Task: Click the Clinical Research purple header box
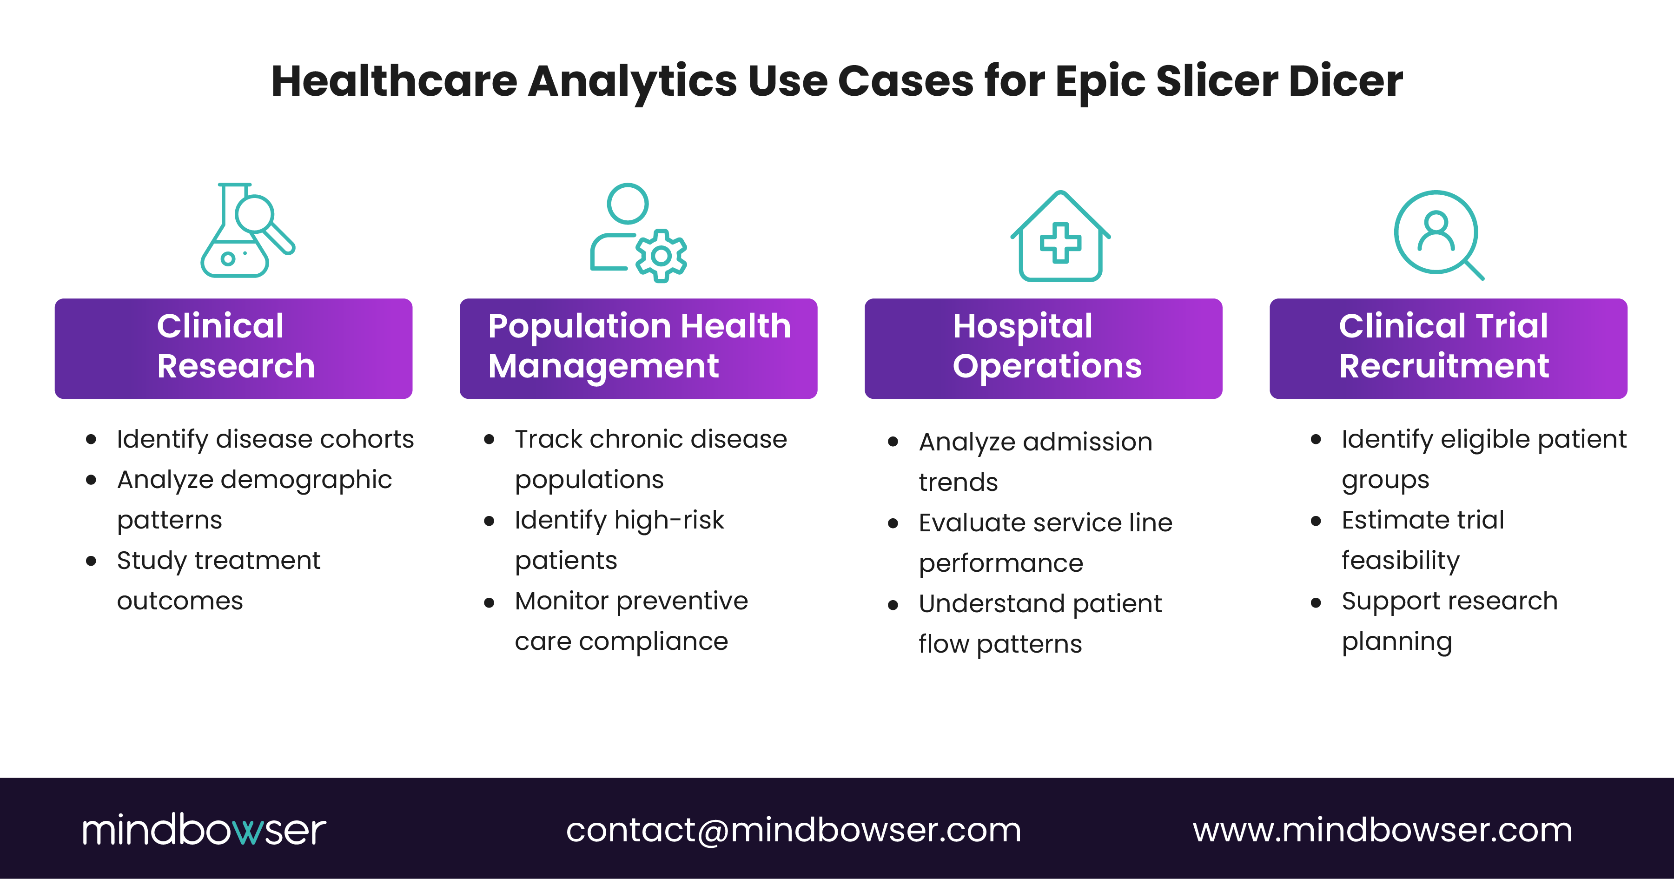pos(233,348)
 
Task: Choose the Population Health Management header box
pos(638,348)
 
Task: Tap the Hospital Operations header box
pos(1043,348)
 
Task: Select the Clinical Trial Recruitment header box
pos(1448,348)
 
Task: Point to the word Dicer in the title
pos(1345,82)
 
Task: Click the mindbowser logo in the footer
pos(204,830)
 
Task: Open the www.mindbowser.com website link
pos(1382,830)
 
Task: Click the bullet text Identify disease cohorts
pos(265,439)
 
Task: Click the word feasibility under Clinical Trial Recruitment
pos(1400,561)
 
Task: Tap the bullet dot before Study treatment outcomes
pos(91,561)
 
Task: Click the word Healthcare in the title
pos(394,82)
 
